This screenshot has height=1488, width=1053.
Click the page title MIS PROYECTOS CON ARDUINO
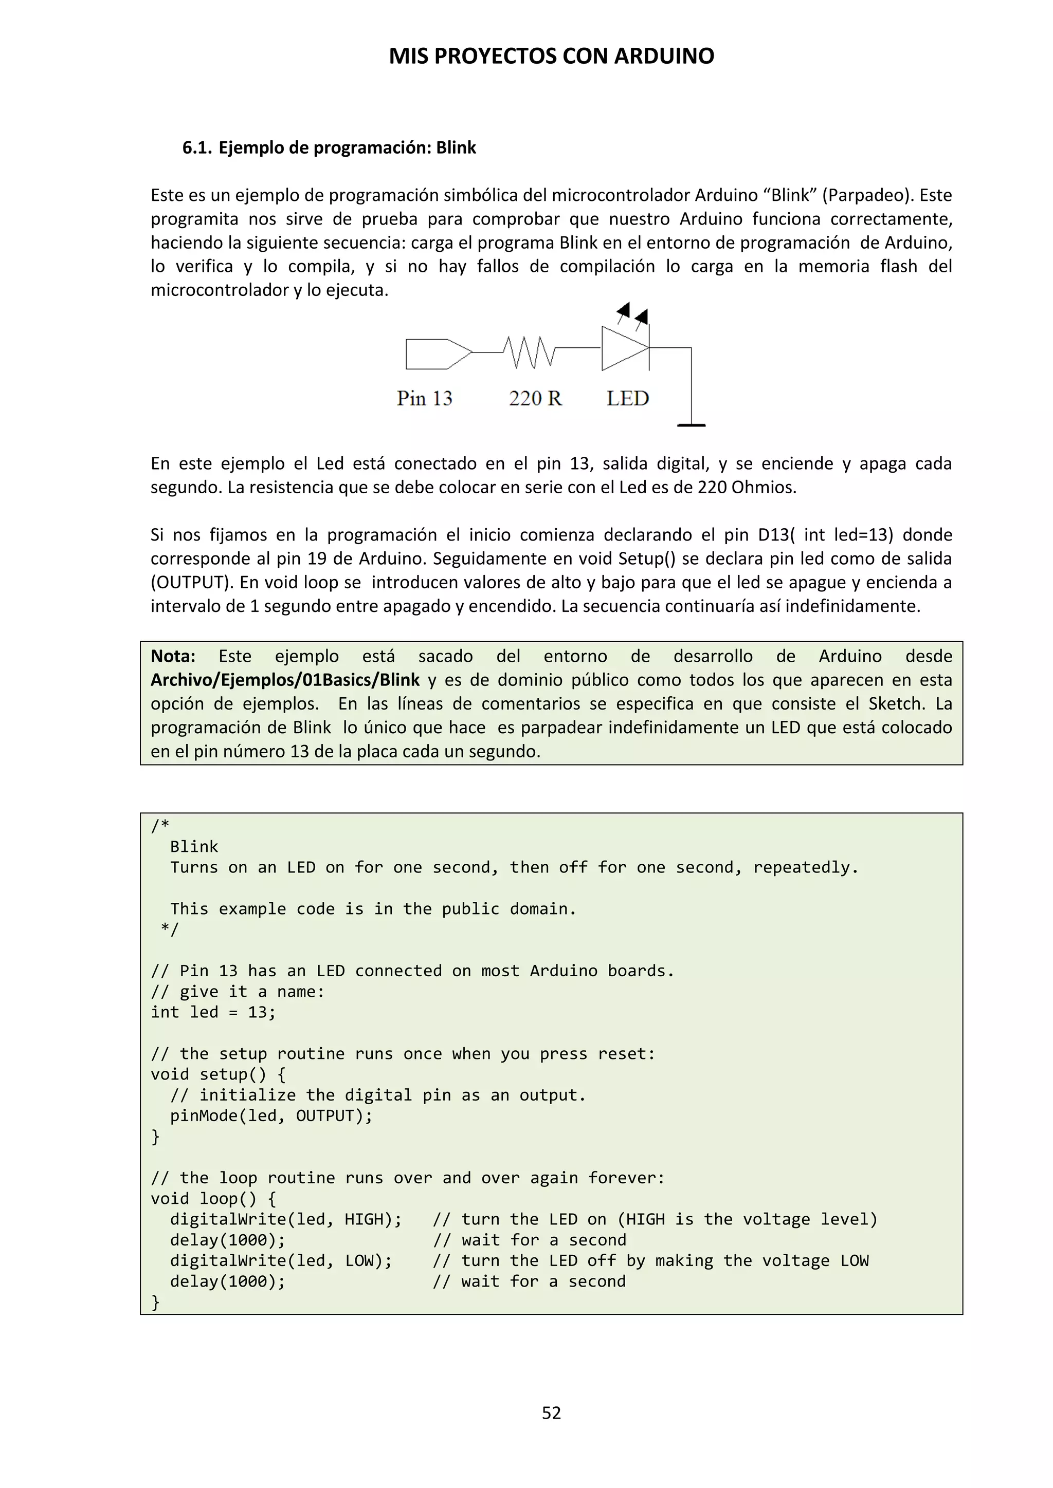(x=551, y=57)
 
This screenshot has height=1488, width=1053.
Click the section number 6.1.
(x=196, y=148)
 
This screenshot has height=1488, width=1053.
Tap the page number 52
(x=551, y=1413)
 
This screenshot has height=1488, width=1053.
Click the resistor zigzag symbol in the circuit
(x=529, y=352)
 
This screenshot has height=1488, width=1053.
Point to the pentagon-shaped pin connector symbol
(x=438, y=354)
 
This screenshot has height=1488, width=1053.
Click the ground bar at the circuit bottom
(x=691, y=425)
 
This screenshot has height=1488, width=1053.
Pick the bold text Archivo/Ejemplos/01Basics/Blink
(x=285, y=680)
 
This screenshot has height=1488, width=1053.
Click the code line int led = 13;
(x=213, y=1012)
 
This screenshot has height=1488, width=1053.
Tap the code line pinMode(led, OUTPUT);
(x=271, y=1115)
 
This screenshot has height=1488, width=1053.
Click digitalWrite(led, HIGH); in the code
(x=285, y=1219)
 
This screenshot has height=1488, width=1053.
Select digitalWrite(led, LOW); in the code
(x=281, y=1260)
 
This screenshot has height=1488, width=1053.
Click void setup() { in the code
(x=218, y=1074)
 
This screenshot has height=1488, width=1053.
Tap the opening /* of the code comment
(x=159, y=826)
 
